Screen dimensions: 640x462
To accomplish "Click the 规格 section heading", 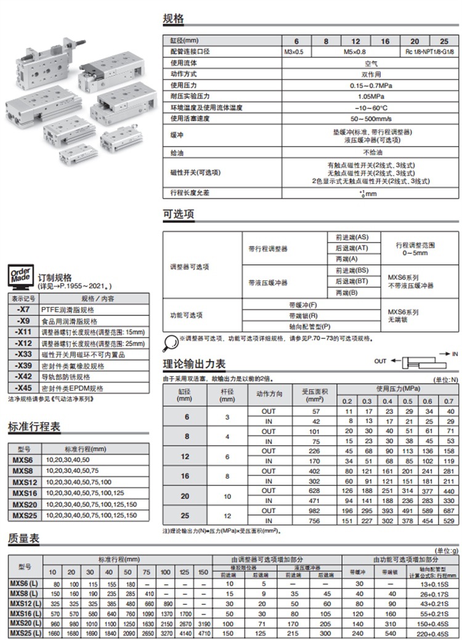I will (x=173, y=18).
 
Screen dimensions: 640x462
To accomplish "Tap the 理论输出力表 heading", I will (x=194, y=363).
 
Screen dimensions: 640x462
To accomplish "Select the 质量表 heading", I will (x=23, y=538).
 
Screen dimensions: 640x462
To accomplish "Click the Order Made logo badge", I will (x=20, y=276).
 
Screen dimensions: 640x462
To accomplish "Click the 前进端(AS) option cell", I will (x=352, y=237).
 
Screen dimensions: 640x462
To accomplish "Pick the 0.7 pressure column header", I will (x=450, y=401).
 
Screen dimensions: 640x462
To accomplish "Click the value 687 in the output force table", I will (x=450, y=511).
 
